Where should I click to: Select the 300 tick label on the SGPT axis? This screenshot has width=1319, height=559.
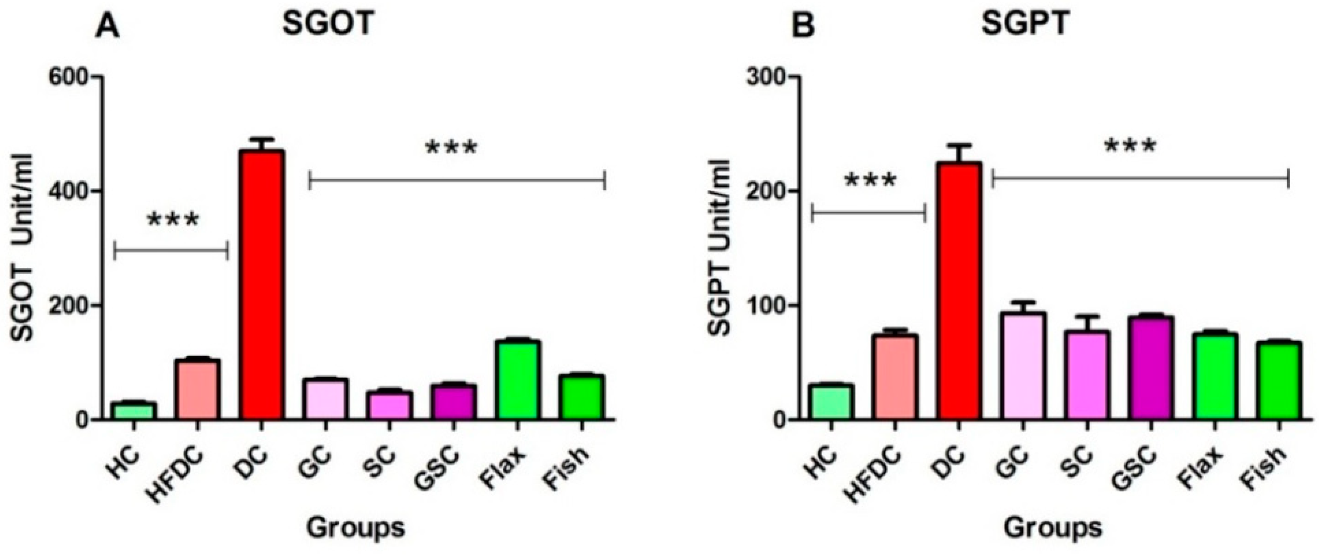(x=764, y=77)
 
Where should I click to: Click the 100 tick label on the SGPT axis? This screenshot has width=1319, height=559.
(x=764, y=306)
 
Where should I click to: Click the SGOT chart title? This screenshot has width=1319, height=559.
(x=328, y=23)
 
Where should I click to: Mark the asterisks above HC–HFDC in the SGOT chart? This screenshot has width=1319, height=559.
(x=172, y=220)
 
